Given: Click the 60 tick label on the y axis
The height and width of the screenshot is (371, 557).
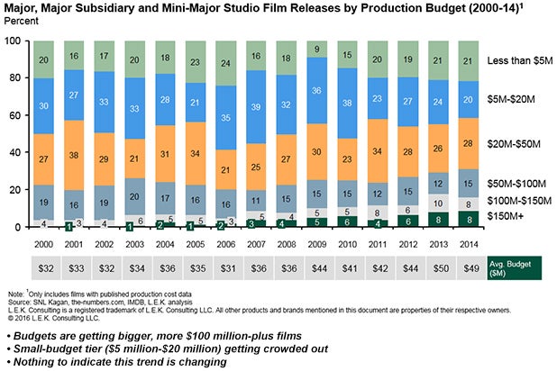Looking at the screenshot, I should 17,116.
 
